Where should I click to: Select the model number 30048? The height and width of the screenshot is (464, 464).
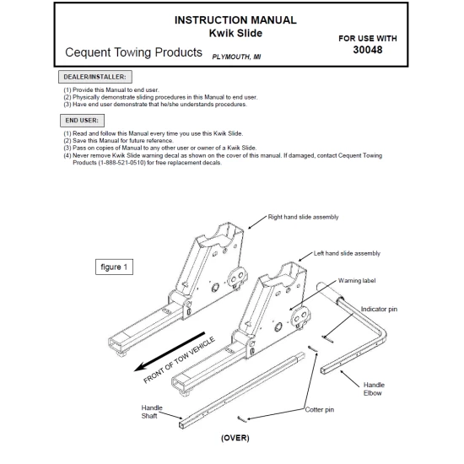click(367, 51)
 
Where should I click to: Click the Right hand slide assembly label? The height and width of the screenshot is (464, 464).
click(303, 217)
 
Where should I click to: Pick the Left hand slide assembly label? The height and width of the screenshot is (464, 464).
click(347, 253)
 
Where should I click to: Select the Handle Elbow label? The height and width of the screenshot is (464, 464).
click(374, 388)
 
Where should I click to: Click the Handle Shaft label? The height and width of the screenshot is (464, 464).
click(153, 412)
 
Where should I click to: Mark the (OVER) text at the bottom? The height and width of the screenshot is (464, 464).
click(235, 439)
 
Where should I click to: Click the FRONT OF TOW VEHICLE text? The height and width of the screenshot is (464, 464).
click(180, 359)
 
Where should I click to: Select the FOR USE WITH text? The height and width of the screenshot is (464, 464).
click(367, 38)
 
